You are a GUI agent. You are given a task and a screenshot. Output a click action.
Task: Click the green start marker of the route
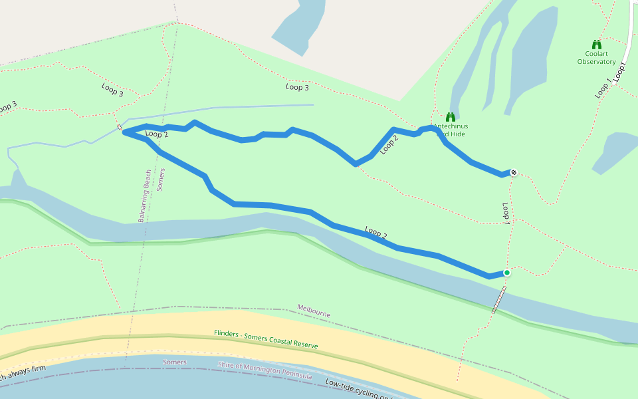point(506,273)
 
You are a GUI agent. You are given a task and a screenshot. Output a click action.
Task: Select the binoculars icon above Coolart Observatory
point(596,45)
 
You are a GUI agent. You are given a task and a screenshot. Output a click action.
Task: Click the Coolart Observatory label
point(596,58)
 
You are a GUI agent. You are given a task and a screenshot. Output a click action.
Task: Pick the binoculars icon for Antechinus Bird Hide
point(450,117)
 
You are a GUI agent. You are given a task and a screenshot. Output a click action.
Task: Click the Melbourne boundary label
point(314,311)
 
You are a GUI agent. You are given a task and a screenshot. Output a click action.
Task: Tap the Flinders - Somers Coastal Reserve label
point(266,339)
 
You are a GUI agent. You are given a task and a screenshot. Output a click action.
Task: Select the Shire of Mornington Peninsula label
point(265,370)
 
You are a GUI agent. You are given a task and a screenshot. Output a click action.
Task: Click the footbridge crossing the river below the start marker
point(498,300)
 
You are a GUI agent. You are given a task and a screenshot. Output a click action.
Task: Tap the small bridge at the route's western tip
point(120,126)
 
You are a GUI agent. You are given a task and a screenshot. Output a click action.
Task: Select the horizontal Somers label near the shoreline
point(175,362)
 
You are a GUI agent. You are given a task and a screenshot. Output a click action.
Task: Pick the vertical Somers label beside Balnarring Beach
point(161,180)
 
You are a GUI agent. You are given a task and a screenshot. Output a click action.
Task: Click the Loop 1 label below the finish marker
point(506,212)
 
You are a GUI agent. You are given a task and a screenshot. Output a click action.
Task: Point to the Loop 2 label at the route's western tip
point(157,134)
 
